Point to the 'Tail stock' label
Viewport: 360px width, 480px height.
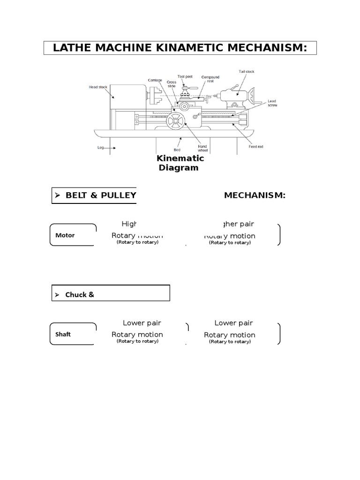[x=246, y=72]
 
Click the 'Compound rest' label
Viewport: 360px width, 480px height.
[x=210, y=79]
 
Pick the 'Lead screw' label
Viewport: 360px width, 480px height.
[x=272, y=103]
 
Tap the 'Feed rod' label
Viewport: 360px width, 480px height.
[x=255, y=147]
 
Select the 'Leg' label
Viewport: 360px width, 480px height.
[x=100, y=147]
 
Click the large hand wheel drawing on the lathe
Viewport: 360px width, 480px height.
[x=175, y=121]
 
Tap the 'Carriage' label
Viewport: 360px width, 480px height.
[x=155, y=80]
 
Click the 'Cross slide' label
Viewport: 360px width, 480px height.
[x=172, y=84]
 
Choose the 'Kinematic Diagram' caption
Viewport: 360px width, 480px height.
[x=180, y=163]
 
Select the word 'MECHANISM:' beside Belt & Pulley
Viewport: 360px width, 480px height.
[x=255, y=195]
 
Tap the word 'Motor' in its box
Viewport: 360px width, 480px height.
[x=65, y=235]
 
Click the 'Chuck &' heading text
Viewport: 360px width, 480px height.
[x=80, y=295]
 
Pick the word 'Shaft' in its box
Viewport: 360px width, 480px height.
[x=63, y=334]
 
